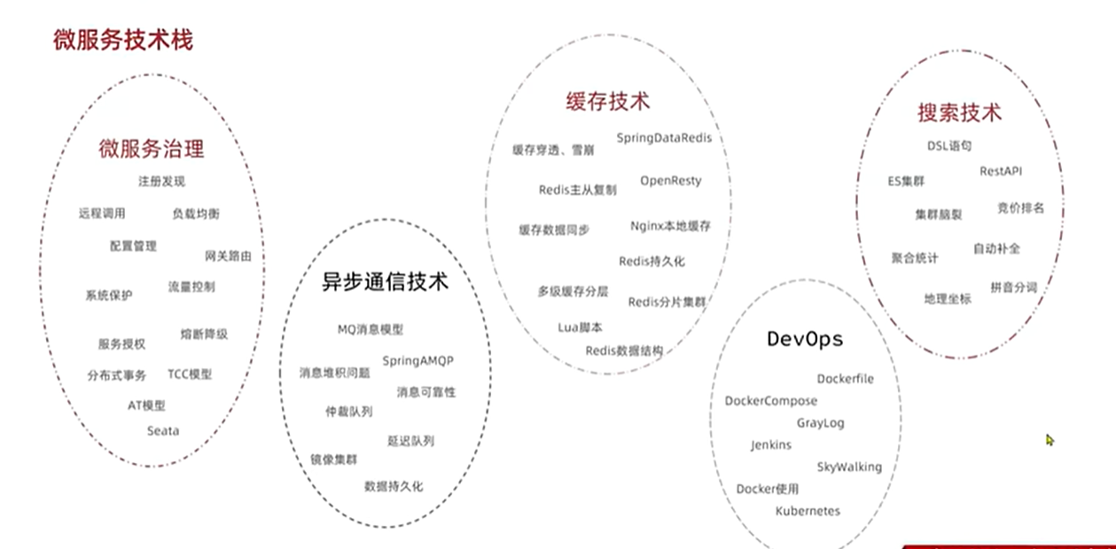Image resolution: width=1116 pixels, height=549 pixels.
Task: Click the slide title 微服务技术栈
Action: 123,40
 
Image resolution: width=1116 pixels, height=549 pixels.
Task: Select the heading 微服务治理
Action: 152,148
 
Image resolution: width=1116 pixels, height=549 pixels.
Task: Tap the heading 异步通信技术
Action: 385,283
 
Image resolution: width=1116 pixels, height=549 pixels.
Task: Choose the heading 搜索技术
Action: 959,114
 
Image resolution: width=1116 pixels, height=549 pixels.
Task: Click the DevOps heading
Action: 805,339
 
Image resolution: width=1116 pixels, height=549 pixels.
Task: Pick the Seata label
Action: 163,431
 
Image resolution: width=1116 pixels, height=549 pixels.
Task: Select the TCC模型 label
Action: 190,374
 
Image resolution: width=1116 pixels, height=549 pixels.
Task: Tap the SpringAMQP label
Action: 424,361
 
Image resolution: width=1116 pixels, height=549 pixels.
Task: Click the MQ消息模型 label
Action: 371,329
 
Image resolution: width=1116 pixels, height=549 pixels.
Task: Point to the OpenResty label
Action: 671,181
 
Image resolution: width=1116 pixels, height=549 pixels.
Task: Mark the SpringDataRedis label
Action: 664,138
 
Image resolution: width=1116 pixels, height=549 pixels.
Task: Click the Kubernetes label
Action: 808,511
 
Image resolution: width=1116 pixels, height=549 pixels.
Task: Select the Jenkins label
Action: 771,444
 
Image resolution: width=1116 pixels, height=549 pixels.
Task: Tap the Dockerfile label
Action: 845,379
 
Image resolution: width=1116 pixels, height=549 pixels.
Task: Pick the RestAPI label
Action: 1001,171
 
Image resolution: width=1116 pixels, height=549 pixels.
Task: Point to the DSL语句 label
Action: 949,145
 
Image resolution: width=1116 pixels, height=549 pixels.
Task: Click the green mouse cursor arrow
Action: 1050,439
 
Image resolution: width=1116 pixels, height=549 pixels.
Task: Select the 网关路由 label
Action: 228,256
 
